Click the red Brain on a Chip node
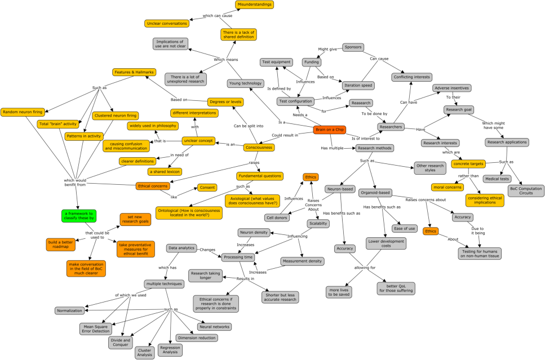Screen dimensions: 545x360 pyautogui.click(x=330, y=130)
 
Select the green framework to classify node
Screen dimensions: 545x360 pyautogui.click(x=79, y=216)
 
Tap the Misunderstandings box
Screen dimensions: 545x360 pyautogui.click(x=254, y=5)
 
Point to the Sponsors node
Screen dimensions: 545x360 pyautogui.click(x=353, y=47)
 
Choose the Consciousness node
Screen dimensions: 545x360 pyautogui.click(x=259, y=148)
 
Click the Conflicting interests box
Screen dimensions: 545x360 pyautogui.click(x=411, y=77)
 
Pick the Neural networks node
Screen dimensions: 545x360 pyautogui.click(x=215, y=327)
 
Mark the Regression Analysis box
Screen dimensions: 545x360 pyautogui.click(x=170, y=349)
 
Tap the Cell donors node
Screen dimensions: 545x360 pyautogui.click(x=277, y=218)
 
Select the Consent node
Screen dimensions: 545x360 pyautogui.click(x=207, y=188)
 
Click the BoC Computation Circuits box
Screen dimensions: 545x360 pyautogui.click(x=526, y=191)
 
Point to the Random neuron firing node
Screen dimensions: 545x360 pyautogui.click(x=23, y=112)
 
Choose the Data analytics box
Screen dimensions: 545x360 pyautogui.click(x=181, y=248)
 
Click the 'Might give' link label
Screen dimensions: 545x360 pyautogui.click(x=327, y=50)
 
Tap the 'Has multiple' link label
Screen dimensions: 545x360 pyautogui.click(x=332, y=148)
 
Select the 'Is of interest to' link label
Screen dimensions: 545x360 pyautogui.click(x=365, y=138)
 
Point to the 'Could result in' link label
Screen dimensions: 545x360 pyautogui.click(x=285, y=135)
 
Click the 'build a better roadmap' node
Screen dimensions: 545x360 pyautogui.click(x=60, y=245)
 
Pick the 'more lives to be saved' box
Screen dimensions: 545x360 pyautogui.click(x=339, y=292)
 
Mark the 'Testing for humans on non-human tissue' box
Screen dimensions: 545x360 pyautogui.click(x=480, y=254)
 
